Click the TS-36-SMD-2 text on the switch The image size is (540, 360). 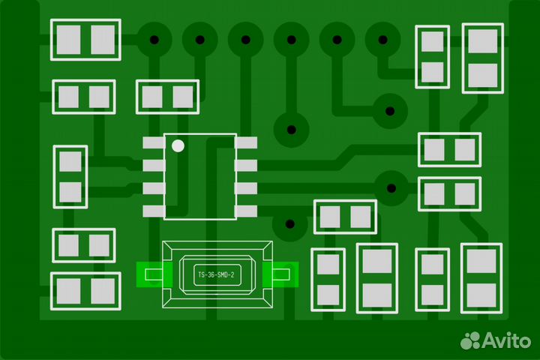pos(216,275)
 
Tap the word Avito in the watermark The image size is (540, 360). pos(506,340)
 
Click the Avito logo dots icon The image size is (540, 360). pos(470,340)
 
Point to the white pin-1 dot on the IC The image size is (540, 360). pos(178,145)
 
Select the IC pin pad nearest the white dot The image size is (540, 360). pos(154,143)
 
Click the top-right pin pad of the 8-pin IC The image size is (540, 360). pos(246,143)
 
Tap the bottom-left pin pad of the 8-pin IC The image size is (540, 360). pos(154,211)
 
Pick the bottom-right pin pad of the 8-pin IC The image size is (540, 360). pos(246,211)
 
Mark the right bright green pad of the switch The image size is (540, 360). pos(280,274)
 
